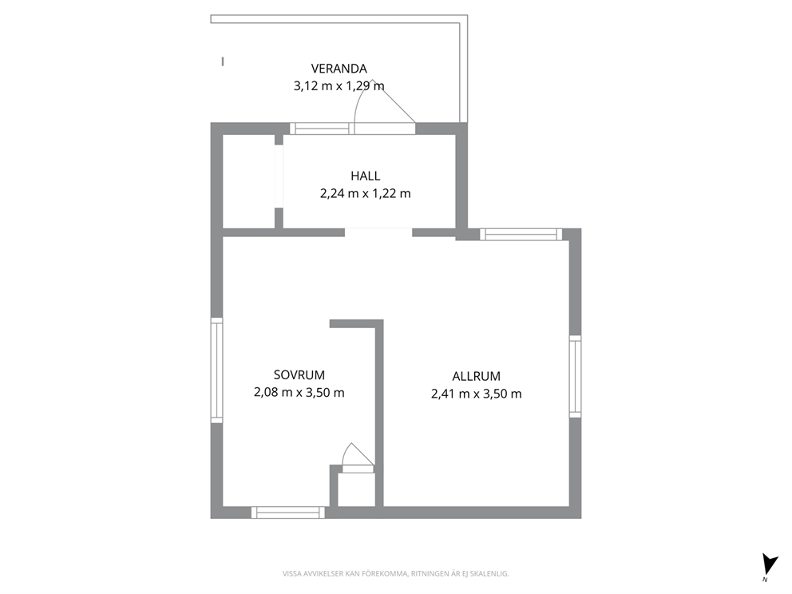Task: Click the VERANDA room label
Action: coord(339,69)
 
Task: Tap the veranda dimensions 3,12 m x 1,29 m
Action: coord(339,86)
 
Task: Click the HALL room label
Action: coord(365,176)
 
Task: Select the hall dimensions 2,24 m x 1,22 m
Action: coord(365,193)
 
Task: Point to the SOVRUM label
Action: coord(299,375)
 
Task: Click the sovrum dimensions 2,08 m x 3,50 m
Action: coord(299,393)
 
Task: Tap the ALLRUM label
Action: coord(477,376)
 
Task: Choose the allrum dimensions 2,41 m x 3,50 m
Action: coord(477,394)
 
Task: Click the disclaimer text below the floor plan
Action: coord(395,574)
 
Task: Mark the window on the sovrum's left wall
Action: coord(216,370)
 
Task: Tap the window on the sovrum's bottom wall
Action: coord(288,513)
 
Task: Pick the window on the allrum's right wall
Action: coord(576,376)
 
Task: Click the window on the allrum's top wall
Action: coord(521,235)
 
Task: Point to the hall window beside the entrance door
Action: coord(322,129)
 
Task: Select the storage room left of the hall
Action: coord(249,182)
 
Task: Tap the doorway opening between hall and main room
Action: coord(378,233)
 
